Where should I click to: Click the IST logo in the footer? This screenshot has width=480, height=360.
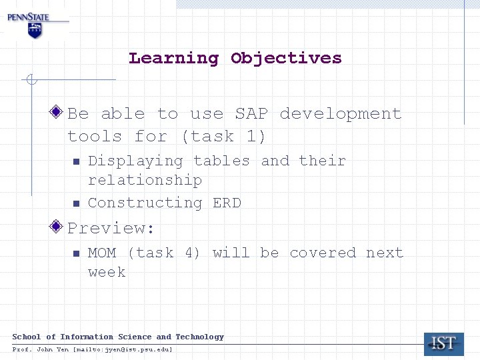coord(444,343)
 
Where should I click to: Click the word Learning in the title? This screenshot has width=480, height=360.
coord(173,58)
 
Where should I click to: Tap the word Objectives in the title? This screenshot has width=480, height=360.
coord(286,58)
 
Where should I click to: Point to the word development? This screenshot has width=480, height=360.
coord(341,114)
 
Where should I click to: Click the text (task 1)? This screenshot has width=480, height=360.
coord(223,137)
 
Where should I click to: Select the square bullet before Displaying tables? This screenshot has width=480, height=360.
coord(76,161)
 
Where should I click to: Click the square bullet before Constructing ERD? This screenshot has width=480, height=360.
coord(76,203)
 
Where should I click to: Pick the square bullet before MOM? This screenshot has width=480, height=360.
coord(76,253)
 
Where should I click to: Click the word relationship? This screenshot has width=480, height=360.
coord(145,181)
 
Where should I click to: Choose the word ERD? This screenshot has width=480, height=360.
coord(227,203)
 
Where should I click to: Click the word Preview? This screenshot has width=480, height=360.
coord(111,228)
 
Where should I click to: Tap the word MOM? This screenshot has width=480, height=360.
coord(102,253)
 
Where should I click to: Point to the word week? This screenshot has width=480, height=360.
coord(107,273)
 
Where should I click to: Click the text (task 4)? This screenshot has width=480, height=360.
coord(164,253)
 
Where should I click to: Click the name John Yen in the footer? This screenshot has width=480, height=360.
coord(53,349)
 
